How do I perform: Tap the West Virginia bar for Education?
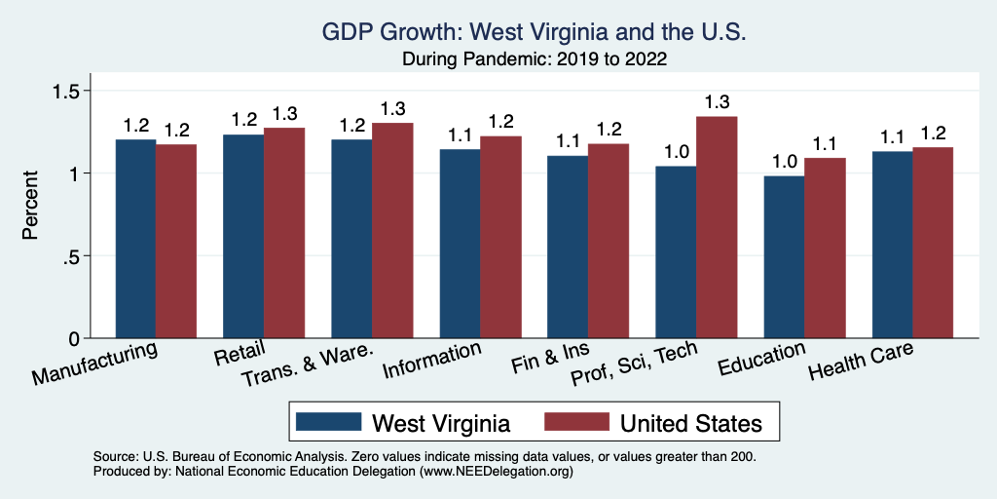pyautogui.click(x=783, y=257)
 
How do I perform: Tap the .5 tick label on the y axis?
pyautogui.click(x=73, y=256)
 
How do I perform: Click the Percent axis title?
pyautogui.click(x=31, y=207)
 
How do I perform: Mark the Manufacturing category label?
pyautogui.click(x=95, y=364)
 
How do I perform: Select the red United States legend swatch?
pyautogui.click(x=574, y=422)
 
